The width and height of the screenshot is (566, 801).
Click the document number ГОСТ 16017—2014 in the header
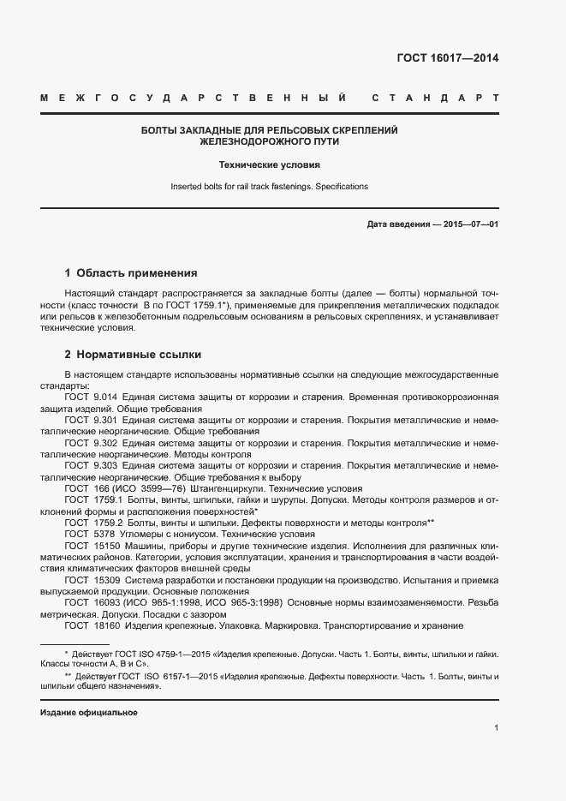447,59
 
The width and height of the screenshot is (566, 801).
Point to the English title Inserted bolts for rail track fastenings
269,186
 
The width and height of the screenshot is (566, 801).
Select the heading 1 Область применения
131,274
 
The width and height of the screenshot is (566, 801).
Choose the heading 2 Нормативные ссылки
133,354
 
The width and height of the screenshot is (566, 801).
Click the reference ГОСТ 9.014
90,398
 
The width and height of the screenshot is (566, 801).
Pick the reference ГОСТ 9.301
90,421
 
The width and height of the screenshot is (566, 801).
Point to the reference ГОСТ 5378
88,533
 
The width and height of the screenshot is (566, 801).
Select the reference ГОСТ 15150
91,545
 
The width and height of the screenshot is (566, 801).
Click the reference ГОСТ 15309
91,579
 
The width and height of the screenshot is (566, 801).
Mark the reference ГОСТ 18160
91,625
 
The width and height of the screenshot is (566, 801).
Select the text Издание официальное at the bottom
89,713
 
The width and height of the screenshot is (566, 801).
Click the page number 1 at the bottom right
496,728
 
